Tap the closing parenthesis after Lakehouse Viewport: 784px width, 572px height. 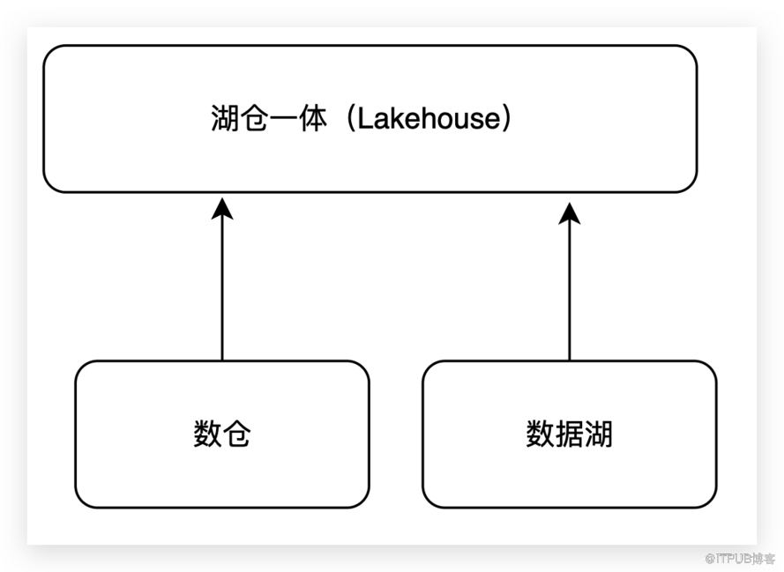click(505, 119)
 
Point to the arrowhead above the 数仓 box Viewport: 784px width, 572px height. click(222, 209)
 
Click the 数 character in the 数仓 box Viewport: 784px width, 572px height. click(207, 434)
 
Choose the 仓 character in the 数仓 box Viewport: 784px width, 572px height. click(236, 434)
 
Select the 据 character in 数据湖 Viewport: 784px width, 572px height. click(570, 434)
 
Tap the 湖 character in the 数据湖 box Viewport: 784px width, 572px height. click(599, 434)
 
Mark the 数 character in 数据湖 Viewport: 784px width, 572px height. click(541, 434)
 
